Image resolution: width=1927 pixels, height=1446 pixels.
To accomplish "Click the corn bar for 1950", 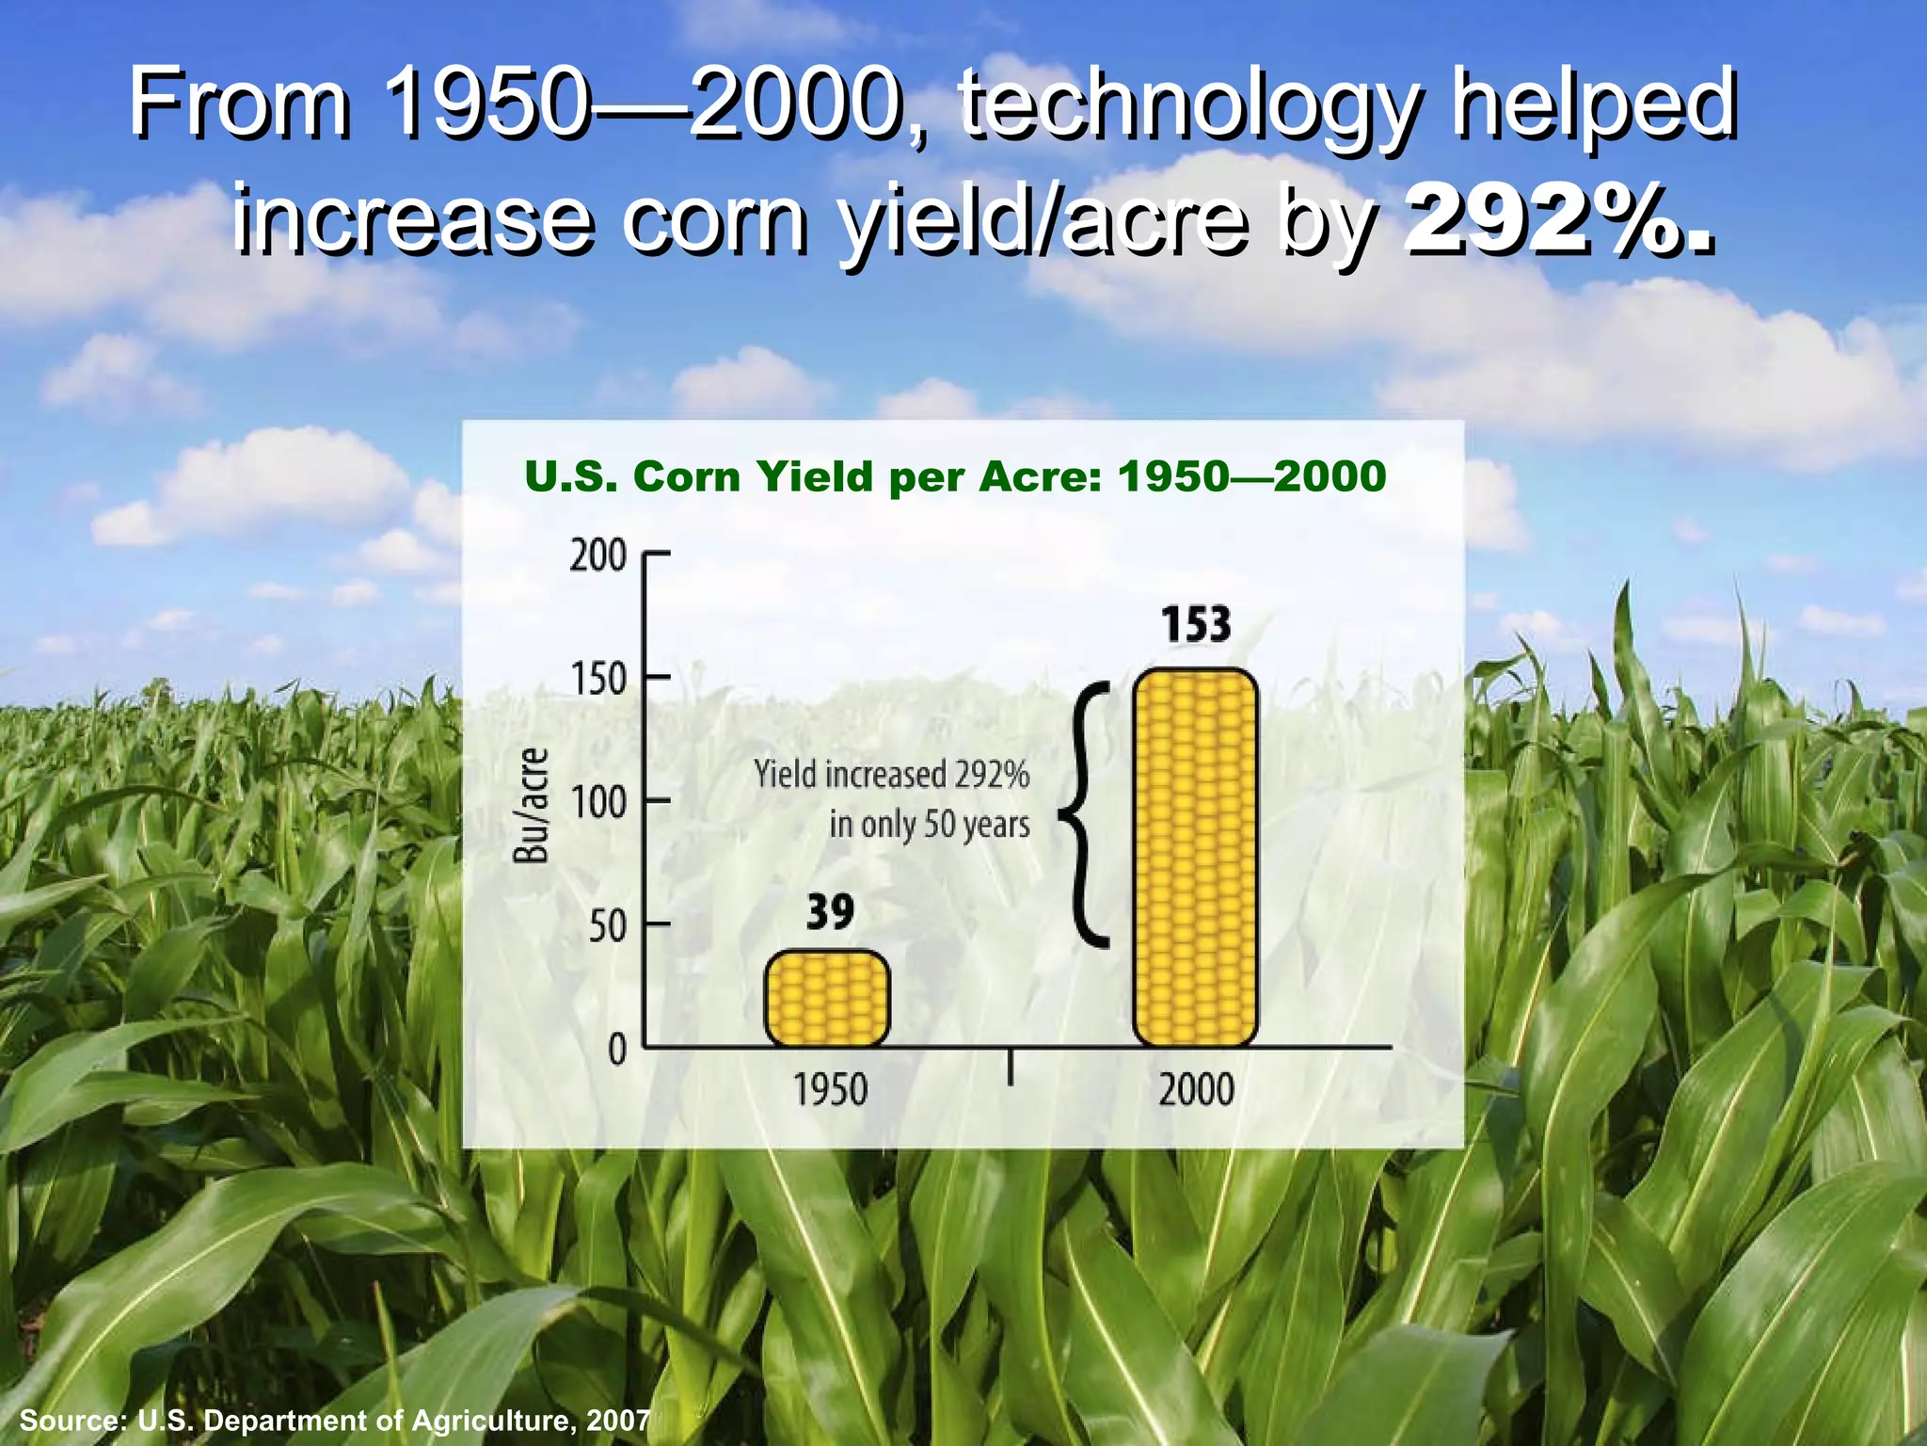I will click(827, 999).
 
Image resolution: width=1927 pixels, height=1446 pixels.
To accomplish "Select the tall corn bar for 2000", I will click(1196, 858).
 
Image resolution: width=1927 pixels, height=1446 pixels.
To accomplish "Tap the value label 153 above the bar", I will click(1195, 625).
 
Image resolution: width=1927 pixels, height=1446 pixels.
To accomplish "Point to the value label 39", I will click(830, 911).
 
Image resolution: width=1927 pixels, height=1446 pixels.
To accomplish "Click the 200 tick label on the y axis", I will click(597, 556).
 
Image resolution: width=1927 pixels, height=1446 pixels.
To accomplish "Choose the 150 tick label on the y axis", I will click(597, 679).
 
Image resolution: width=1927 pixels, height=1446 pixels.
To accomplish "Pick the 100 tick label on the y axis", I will click(597, 803).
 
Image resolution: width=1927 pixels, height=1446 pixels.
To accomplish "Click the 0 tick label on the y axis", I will click(616, 1049).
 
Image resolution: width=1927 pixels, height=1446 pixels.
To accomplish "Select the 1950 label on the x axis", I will click(830, 1090).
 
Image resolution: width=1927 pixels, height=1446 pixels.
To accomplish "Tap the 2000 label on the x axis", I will click(1196, 1090).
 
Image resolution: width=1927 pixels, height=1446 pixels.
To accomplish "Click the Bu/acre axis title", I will click(532, 805).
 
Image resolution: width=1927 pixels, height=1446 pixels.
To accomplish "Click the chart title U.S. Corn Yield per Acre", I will click(955, 476).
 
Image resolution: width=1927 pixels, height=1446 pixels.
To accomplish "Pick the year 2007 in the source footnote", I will click(617, 1420).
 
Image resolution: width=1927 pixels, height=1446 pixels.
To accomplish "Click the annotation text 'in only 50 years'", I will click(929, 825).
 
